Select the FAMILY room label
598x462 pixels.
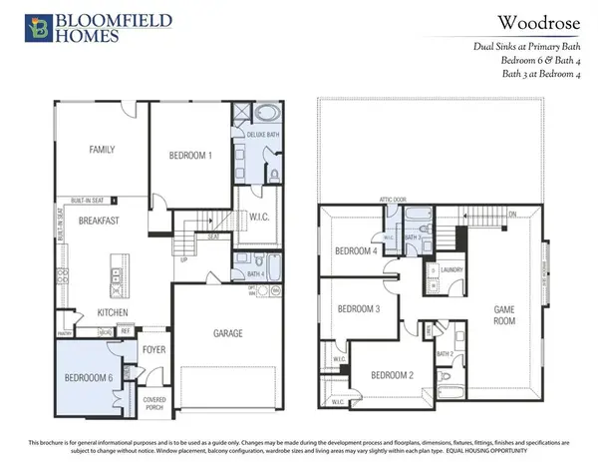(x=102, y=150)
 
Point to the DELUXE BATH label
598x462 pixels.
(x=253, y=134)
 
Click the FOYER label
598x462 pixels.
(x=152, y=350)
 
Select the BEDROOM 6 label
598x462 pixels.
(x=88, y=379)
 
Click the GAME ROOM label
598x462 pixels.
(x=503, y=316)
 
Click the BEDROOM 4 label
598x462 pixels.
(x=356, y=250)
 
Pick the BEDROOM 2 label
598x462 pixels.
(x=391, y=375)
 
